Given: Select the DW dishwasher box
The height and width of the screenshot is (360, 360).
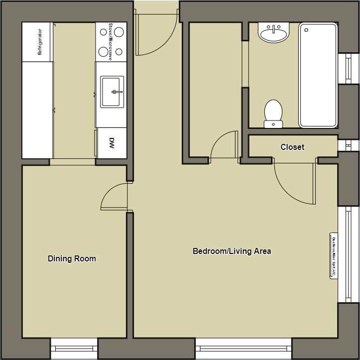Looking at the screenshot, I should coord(112,143).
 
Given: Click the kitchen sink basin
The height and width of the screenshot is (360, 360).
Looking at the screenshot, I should coord(113,92).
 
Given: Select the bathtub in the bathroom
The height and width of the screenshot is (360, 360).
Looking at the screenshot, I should coord(318,75).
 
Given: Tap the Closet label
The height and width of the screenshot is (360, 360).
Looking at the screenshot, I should coord(292,147).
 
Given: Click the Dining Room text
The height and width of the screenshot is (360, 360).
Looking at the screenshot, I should coord(72,259).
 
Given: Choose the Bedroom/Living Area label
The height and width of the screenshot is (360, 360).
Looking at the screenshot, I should coord(232,251).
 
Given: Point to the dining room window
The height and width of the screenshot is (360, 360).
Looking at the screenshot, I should coord(74,349).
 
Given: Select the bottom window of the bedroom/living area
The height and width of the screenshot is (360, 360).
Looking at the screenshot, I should coord(243,349).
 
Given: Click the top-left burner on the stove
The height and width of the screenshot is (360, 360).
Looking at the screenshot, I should coord(104,32).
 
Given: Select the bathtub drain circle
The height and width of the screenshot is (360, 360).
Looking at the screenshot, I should coord(306,30).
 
